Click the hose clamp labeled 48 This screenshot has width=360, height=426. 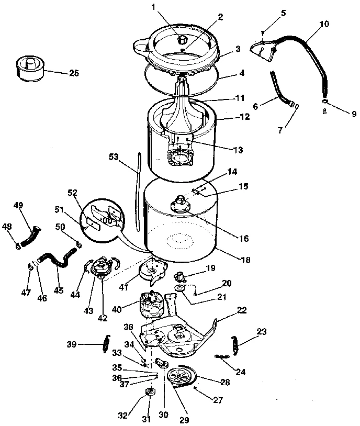coord(18,243)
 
